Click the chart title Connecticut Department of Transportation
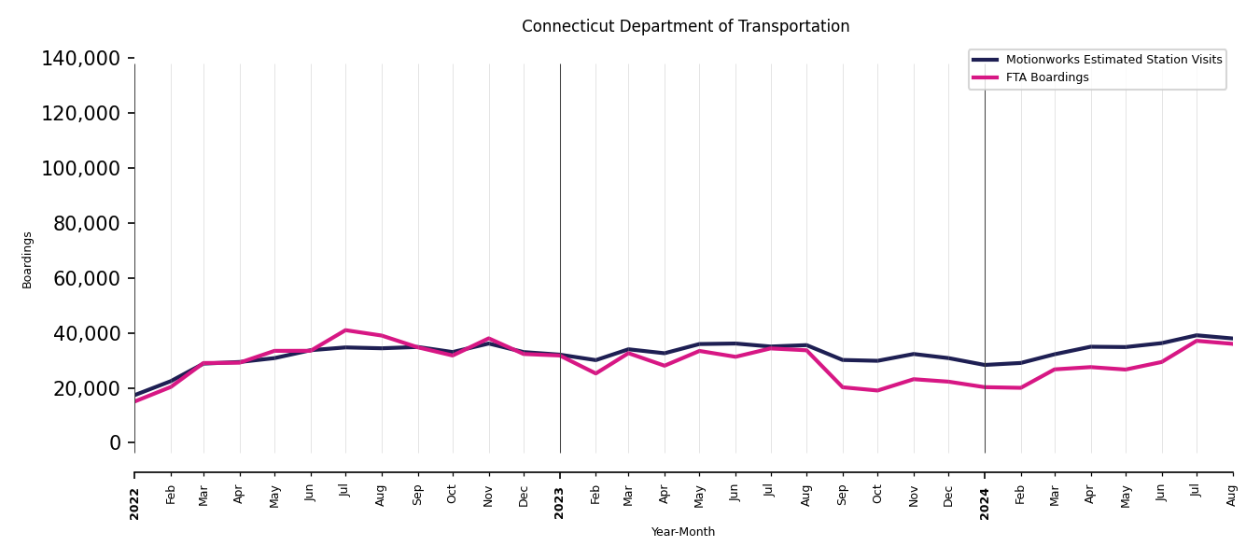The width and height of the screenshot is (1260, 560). coord(685,27)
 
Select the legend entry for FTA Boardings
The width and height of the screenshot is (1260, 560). coord(1046,77)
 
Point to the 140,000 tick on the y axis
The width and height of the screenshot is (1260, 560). coord(81,59)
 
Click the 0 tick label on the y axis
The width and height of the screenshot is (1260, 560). coord(115,443)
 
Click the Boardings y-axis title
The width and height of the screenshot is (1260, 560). coord(27,259)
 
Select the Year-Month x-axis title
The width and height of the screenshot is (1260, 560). coord(683,532)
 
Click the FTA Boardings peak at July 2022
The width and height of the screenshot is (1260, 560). coord(345,330)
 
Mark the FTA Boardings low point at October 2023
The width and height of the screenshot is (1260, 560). coord(877,390)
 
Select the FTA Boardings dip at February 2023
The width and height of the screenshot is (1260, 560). coord(595,373)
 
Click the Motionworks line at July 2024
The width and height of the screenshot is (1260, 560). coord(1197,335)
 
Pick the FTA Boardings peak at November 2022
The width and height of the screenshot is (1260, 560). coord(488,339)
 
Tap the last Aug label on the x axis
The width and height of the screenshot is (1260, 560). coord(1232,495)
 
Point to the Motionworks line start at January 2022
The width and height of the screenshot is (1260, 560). coord(135,395)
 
